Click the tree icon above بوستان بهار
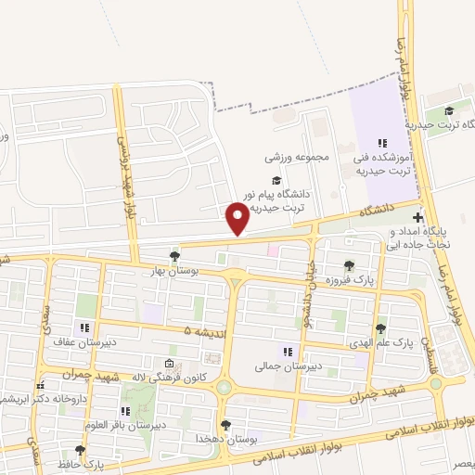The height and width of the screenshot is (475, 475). pyautogui.click(x=175, y=256)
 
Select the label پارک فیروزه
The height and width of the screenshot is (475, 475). pyautogui.click(x=349, y=280)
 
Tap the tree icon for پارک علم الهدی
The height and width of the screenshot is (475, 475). pyautogui.click(x=380, y=328)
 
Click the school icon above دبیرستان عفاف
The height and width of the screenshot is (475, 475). pyautogui.click(x=85, y=327)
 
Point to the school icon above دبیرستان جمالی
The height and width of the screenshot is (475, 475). pyautogui.click(x=288, y=352)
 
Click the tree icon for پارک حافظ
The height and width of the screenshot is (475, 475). pyautogui.click(x=80, y=450)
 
